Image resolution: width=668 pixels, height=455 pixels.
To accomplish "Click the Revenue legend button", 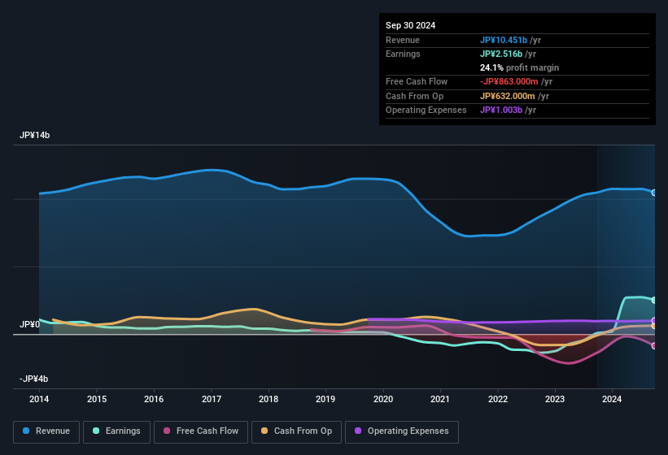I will [46, 431].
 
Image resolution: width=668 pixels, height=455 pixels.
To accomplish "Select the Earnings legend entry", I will [116, 431].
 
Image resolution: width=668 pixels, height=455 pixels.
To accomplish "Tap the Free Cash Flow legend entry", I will [200, 431].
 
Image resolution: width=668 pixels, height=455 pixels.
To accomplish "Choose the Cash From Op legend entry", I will [297, 431].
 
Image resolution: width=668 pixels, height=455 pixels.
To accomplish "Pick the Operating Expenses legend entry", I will [402, 431].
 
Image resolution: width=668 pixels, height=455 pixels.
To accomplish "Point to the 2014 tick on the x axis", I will [39, 399].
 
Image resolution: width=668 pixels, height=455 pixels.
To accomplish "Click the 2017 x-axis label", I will [212, 399].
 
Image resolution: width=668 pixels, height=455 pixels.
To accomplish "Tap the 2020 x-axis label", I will [383, 399].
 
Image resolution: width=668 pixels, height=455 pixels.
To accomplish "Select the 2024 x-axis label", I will [613, 399].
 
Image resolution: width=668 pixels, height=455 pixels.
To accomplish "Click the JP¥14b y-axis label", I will [35, 136].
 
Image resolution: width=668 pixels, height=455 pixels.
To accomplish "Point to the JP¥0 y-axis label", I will [29, 325].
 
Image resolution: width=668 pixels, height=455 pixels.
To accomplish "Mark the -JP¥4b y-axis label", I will [33, 379].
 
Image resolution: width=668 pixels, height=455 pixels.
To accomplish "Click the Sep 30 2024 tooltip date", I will [411, 25].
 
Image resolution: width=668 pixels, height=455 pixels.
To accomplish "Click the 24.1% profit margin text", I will [519, 67].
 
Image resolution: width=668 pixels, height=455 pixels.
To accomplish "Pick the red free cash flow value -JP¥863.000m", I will [509, 81].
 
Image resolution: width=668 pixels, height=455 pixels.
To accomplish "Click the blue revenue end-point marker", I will [654, 193].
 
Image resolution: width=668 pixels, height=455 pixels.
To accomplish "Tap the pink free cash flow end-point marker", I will [654, 346].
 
